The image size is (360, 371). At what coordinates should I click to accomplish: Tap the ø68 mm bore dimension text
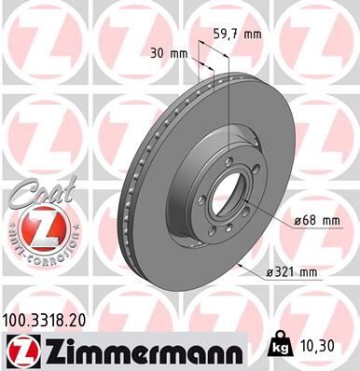pos(312,220)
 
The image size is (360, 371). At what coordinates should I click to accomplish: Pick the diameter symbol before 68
pos(293,220)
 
